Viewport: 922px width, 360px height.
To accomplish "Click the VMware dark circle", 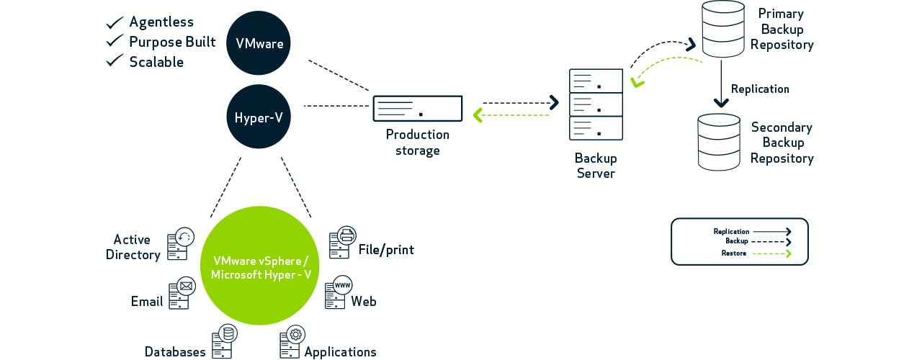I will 259,43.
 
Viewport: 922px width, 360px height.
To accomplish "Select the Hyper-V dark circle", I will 259,117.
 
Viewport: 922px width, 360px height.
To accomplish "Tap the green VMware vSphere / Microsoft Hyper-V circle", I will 259,266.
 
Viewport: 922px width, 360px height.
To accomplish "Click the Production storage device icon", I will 417,109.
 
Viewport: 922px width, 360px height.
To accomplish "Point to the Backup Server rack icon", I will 596,104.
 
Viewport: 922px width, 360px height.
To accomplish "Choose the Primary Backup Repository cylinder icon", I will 723,29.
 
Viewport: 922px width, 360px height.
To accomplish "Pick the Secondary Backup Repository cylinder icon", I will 719,142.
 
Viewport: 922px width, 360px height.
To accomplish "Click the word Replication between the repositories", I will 760,89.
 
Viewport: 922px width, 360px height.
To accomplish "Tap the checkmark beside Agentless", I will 115,22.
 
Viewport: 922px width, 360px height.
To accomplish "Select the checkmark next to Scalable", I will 115,61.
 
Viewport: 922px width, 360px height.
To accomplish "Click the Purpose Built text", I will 172,42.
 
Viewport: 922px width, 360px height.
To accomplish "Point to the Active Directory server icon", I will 181,243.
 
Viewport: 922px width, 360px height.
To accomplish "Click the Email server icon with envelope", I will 182,292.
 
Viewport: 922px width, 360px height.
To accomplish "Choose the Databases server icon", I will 224,341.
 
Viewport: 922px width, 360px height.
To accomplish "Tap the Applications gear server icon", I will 292,341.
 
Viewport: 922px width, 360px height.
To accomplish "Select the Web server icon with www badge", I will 337,292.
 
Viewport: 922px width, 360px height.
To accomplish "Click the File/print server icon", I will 342,242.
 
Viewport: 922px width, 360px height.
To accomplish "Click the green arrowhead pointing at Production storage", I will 478,115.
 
